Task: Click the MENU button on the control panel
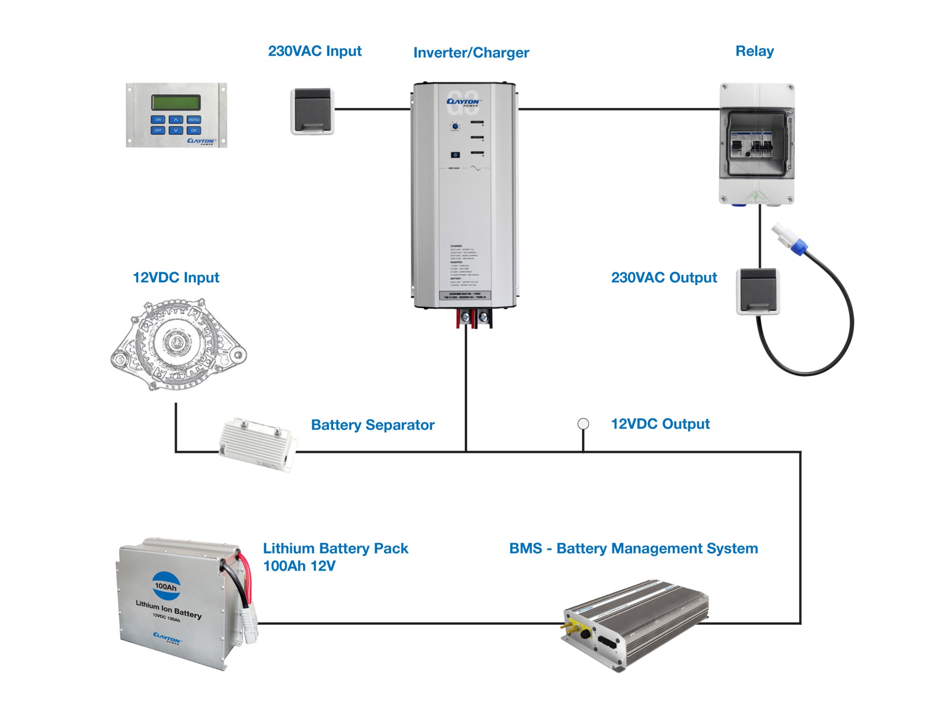click(193, 119)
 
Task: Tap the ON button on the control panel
click(158, 119)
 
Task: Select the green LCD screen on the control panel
click(176, 102)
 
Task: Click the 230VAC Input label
click(315, 51)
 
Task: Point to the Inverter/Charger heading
click(471, 52)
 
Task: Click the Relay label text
click(754, 51)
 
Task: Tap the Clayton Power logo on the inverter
click(464, 102)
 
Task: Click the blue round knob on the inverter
click(455, 126)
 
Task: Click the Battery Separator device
click(257, 444)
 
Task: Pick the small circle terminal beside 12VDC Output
click(583, 424)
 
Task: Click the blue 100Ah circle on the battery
click(166, 586)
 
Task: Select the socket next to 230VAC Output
click(758, 291)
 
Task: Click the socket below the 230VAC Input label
click(313, 111)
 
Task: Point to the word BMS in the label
click(525, 548)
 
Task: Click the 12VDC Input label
click(176, 277)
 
